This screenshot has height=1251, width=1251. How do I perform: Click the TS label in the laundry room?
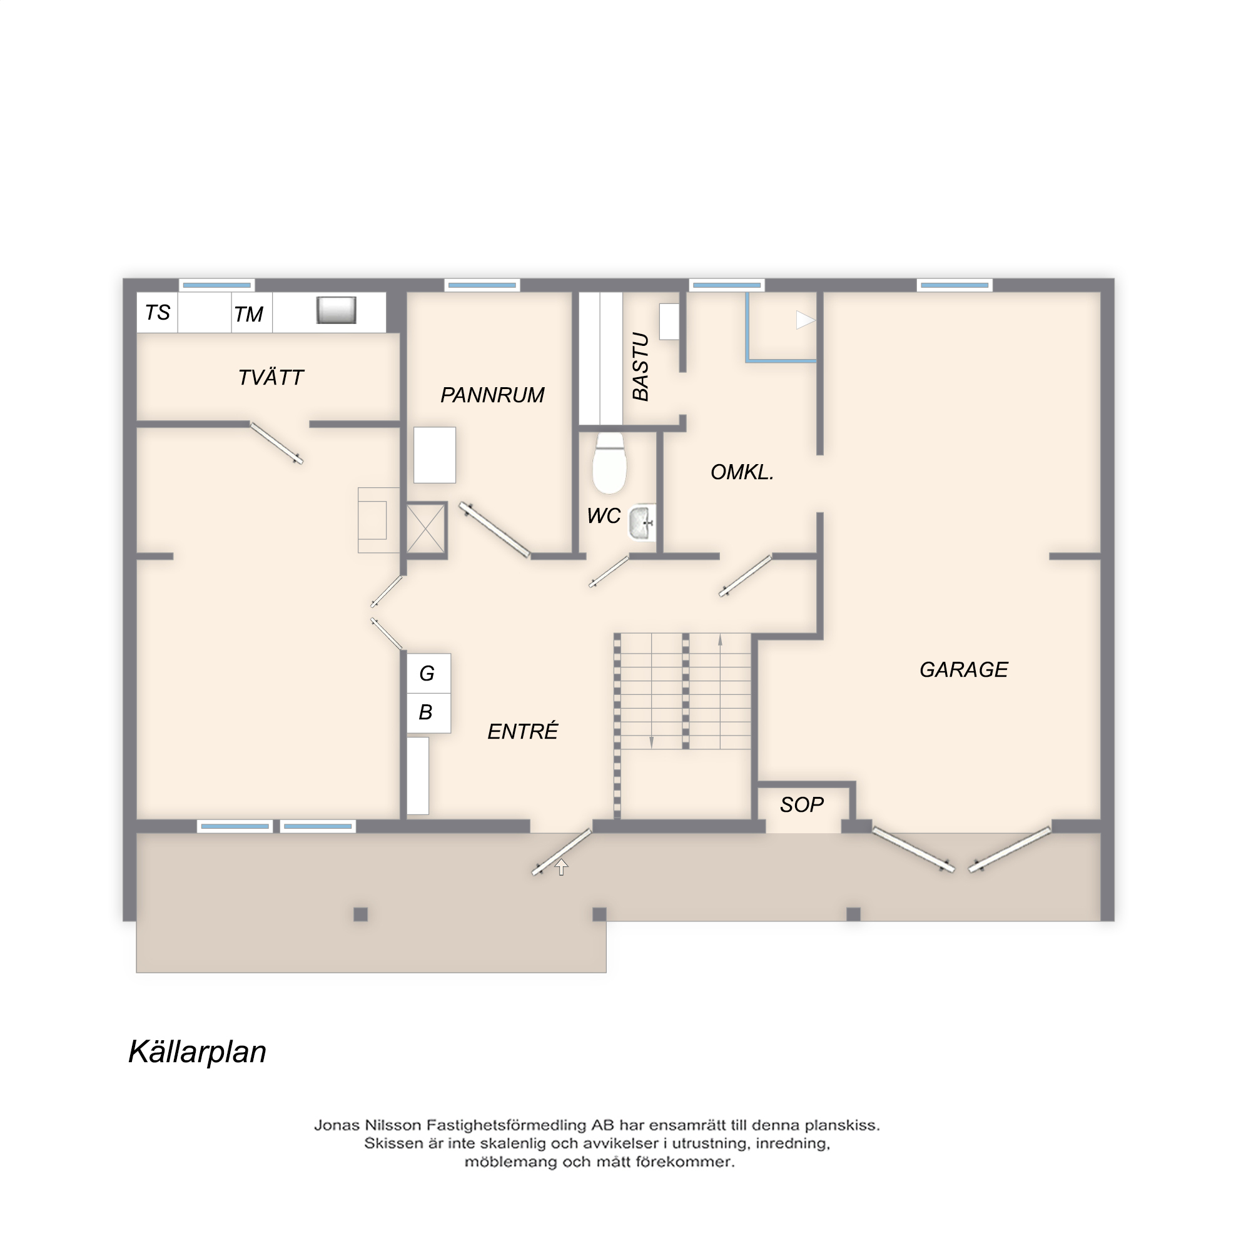(158, 313)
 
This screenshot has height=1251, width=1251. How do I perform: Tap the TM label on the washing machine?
(249, 315)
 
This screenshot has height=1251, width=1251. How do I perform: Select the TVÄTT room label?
(271, 378)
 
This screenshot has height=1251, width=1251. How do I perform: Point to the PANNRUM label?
(492, 395)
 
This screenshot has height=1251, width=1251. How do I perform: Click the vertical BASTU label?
(641, 367)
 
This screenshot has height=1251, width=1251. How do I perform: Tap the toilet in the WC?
(609, 463)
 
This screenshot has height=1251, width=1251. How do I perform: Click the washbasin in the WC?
(642, 522)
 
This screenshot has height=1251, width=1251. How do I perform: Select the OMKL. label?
(742, 472)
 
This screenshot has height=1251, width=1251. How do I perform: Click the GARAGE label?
(963, 669)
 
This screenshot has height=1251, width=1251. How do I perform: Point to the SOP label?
(802, 805)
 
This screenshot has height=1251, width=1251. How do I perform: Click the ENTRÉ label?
(522, 731)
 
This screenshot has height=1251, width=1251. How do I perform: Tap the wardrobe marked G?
(428, 674)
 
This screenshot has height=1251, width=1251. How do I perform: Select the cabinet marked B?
(428, 713)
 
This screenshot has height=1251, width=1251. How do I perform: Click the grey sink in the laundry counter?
(336, 310)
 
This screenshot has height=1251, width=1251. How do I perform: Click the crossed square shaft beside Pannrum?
(426, 529)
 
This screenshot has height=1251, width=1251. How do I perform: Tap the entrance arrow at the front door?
(562, 867)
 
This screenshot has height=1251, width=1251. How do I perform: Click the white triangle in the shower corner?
(805, 320)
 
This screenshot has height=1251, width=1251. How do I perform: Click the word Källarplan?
(198, 1052)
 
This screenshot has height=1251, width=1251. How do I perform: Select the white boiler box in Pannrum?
(435, 455)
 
